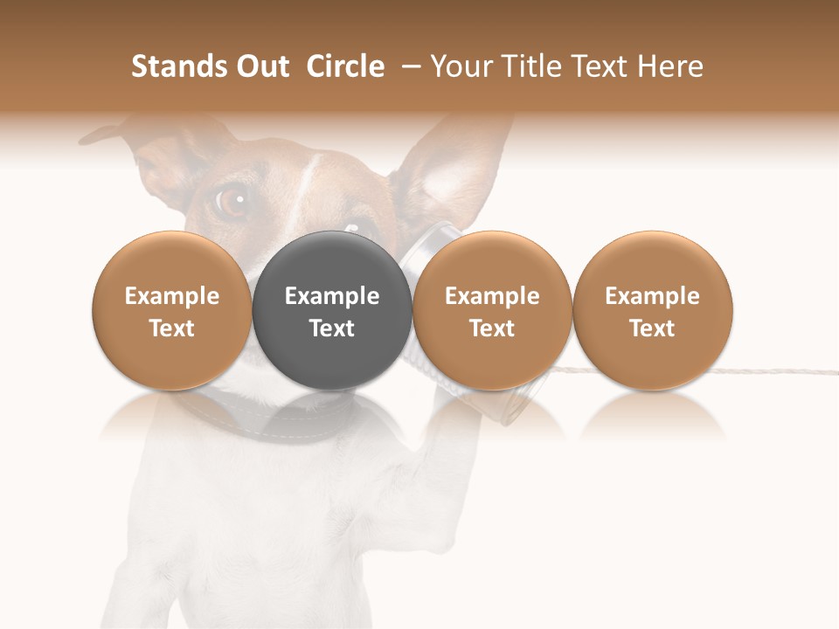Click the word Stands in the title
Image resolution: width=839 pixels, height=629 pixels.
(x=180, y=66)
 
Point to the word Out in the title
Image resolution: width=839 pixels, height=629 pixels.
(x=262, y=66)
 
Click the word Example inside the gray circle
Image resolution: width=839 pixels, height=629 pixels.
(x=332, y=296)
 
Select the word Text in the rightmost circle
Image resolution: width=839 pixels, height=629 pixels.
(x=652, y=328)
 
